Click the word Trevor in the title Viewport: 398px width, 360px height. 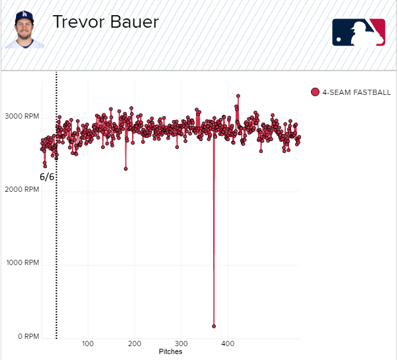pyautogui.click(x=76, y=22)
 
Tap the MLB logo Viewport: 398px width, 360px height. pyautogui.click(x=358, y=32)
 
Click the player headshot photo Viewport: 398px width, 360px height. pyautogui.click(x=25, y=30)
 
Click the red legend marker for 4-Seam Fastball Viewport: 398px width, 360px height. pyautogui.click(x=315, y=92)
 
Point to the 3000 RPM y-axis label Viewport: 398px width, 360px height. pyautogui.click(x=21, y=115)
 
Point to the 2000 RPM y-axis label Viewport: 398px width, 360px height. pyautogui.click(x=21, y=189)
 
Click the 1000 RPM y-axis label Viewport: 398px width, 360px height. pyautogui.click(x=21, y=263)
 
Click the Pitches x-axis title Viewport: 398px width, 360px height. pyautogui.click(x=170, y=352)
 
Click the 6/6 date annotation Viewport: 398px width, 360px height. pyautogui.click(x=47, y=177)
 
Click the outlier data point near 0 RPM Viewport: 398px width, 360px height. pyautogui.click(x=214, y=326)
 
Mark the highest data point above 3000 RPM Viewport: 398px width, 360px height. pyautogui.click(x=238, y=96)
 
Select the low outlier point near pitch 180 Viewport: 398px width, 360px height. pyautogui.click(x=125, y=169)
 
